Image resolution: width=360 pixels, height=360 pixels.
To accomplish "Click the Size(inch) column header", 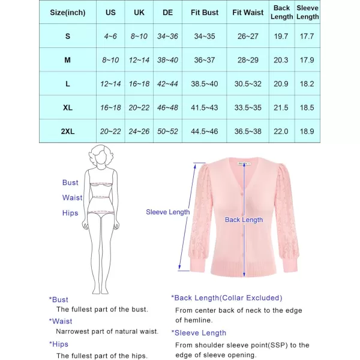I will coord(68,12).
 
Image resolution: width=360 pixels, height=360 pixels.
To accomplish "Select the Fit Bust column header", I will coord(204,12).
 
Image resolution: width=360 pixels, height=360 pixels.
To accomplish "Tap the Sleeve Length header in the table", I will coord(308,12).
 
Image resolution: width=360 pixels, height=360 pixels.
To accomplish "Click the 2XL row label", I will coord(68,131).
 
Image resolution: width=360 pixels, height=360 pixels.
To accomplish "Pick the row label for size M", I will coord(68,60).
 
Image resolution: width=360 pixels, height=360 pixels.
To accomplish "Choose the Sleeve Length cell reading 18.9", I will coord(308,131).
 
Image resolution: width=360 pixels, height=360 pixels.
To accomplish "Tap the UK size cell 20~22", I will coord(139,107).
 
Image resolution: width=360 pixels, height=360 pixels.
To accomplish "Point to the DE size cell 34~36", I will coord(168,36).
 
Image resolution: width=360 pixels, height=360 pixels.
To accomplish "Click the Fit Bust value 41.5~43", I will coord(204,107).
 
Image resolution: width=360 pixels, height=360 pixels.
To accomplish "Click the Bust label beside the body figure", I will coord(70,182).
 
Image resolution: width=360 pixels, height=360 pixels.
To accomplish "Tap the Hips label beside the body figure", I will coord(70,213).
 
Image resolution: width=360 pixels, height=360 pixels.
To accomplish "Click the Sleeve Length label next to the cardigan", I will coord(168,212).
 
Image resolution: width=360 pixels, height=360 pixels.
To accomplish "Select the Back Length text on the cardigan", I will coord(244,220).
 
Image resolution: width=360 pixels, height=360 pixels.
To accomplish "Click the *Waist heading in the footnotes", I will coord(61,321).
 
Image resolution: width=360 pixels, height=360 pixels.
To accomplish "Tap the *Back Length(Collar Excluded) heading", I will coord(226,298).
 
